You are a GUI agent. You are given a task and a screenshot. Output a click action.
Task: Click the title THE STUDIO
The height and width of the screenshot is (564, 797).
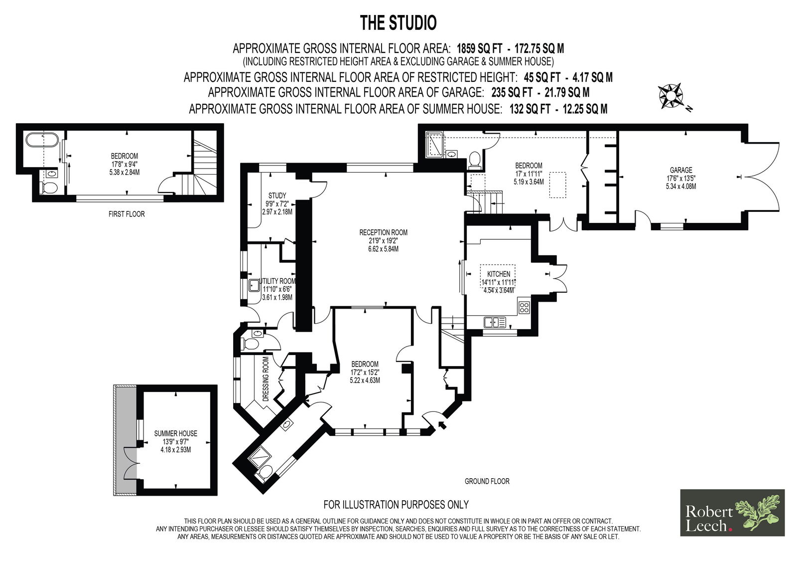(x=398, y=23)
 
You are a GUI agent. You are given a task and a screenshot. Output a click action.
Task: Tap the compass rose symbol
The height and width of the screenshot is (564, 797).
(x=671, y=96)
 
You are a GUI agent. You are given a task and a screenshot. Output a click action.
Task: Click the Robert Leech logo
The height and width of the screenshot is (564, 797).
(x=732, y=512)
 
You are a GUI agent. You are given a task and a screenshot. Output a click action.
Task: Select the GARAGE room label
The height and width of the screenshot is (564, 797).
(x=681, y=170)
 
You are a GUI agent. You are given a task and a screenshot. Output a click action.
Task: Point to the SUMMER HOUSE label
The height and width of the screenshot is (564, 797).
(x=175, y=434)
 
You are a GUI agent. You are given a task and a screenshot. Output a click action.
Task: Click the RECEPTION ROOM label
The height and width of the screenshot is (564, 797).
(x=383, y=233)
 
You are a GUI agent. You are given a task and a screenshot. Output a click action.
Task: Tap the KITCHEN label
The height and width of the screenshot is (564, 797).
(x=499, y=274)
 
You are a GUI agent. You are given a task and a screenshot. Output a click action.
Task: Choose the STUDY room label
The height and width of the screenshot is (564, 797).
(x=277, y=195)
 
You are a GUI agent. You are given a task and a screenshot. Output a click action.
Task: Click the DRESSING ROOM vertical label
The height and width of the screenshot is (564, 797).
(x=266, y=379)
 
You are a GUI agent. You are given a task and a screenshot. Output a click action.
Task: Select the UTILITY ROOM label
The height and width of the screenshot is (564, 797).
(x=278, y=281)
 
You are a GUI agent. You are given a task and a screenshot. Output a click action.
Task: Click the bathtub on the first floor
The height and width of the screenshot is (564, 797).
(x=42, y=140)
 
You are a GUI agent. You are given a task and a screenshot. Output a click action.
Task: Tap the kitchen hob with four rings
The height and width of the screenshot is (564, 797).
(x=524, y=308)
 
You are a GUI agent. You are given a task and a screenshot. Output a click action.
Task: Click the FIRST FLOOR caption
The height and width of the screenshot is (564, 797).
(x=127, y=214)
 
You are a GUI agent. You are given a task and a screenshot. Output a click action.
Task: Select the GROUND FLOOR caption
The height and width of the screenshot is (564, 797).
(x=487, y=481)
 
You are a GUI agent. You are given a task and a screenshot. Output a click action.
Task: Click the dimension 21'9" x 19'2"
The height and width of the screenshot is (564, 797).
(x=383, y=241)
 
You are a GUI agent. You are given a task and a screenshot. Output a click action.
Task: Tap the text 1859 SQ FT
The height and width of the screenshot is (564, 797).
(x=479, y=48)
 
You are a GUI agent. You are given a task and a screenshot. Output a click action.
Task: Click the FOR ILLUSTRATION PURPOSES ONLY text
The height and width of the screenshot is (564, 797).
(x=396, y=505)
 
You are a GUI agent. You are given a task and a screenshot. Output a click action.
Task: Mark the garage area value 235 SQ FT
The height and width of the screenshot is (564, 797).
(x=512, y=92)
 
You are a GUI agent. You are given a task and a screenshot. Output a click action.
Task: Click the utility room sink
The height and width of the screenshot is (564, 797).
(x=254, y=285)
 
